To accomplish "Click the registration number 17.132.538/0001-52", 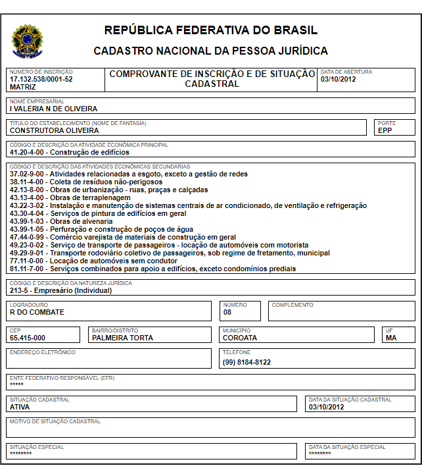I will click(x=41, y=79).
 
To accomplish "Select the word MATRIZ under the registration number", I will click(x=23, y=86).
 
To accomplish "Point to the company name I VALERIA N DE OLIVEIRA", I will click(x=53, y=109).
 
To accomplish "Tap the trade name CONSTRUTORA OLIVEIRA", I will click(x=54, y=130).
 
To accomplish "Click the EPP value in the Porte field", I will click(x=385, y=130).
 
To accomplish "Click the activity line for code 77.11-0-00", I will click(x=99, y=261).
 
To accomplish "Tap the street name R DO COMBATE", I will click(x=37, y=312).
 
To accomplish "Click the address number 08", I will click(x=227, y=312).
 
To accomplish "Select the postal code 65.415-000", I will click(x=28, y=338).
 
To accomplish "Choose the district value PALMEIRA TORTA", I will click(x=122, y=338).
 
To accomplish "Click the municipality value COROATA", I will click(x=240, y=338).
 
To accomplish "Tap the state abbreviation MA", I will click(x=391, y=338).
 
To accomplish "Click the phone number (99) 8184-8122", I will click(x=246, y=362).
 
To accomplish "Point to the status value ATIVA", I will click(x=20, y=407).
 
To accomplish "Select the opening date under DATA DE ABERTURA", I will click(x=337, y=79).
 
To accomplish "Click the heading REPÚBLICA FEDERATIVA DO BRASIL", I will click(x=210, y=30).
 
